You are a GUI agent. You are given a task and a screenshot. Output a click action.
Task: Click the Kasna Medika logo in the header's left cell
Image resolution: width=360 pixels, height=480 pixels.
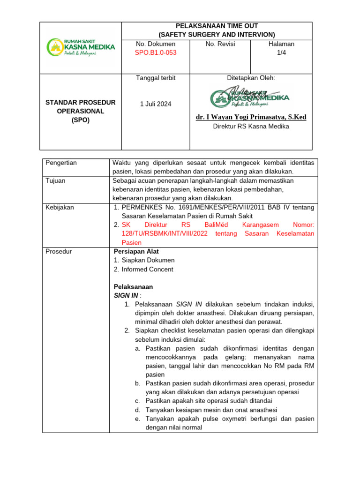pos(80,47)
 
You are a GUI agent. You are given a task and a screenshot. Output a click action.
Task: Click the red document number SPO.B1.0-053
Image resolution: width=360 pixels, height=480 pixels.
pos(156,52)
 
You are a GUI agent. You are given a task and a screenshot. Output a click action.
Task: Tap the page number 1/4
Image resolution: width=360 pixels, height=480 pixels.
pos(281,52)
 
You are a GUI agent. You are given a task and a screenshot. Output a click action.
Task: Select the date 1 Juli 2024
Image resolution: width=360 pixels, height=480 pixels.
pos(156,104)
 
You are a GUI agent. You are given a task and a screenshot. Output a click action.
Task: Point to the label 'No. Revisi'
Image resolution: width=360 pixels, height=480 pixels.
pos(220,44)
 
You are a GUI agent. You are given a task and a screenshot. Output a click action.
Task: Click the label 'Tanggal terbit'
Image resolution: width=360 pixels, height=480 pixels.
pos(156,78)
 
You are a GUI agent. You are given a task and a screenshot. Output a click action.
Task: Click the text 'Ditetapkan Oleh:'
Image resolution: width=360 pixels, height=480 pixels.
pos(251,78)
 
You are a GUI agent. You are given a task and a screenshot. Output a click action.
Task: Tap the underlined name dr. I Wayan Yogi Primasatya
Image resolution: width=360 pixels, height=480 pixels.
pos(251,117)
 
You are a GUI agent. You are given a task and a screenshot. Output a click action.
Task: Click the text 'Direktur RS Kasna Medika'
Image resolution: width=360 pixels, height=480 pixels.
pos(251,126)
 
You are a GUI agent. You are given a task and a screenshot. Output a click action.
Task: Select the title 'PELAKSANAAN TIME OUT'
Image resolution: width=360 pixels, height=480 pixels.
pos(217,26)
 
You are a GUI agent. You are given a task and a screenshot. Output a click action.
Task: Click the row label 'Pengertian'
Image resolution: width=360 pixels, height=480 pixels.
pos(61,163)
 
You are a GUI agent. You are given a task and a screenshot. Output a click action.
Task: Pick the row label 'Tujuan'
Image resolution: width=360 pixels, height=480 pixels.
pos(56,180)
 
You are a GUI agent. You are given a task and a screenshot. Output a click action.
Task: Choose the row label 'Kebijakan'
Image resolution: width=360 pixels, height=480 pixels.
pos(60,207)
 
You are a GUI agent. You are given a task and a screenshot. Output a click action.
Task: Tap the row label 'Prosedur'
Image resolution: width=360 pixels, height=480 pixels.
pos(59,251)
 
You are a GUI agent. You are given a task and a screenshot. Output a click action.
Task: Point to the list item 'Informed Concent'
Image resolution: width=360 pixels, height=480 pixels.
pos(147,269)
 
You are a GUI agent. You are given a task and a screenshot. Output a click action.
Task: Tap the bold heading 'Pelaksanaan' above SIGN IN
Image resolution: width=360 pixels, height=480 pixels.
pos(134,286)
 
